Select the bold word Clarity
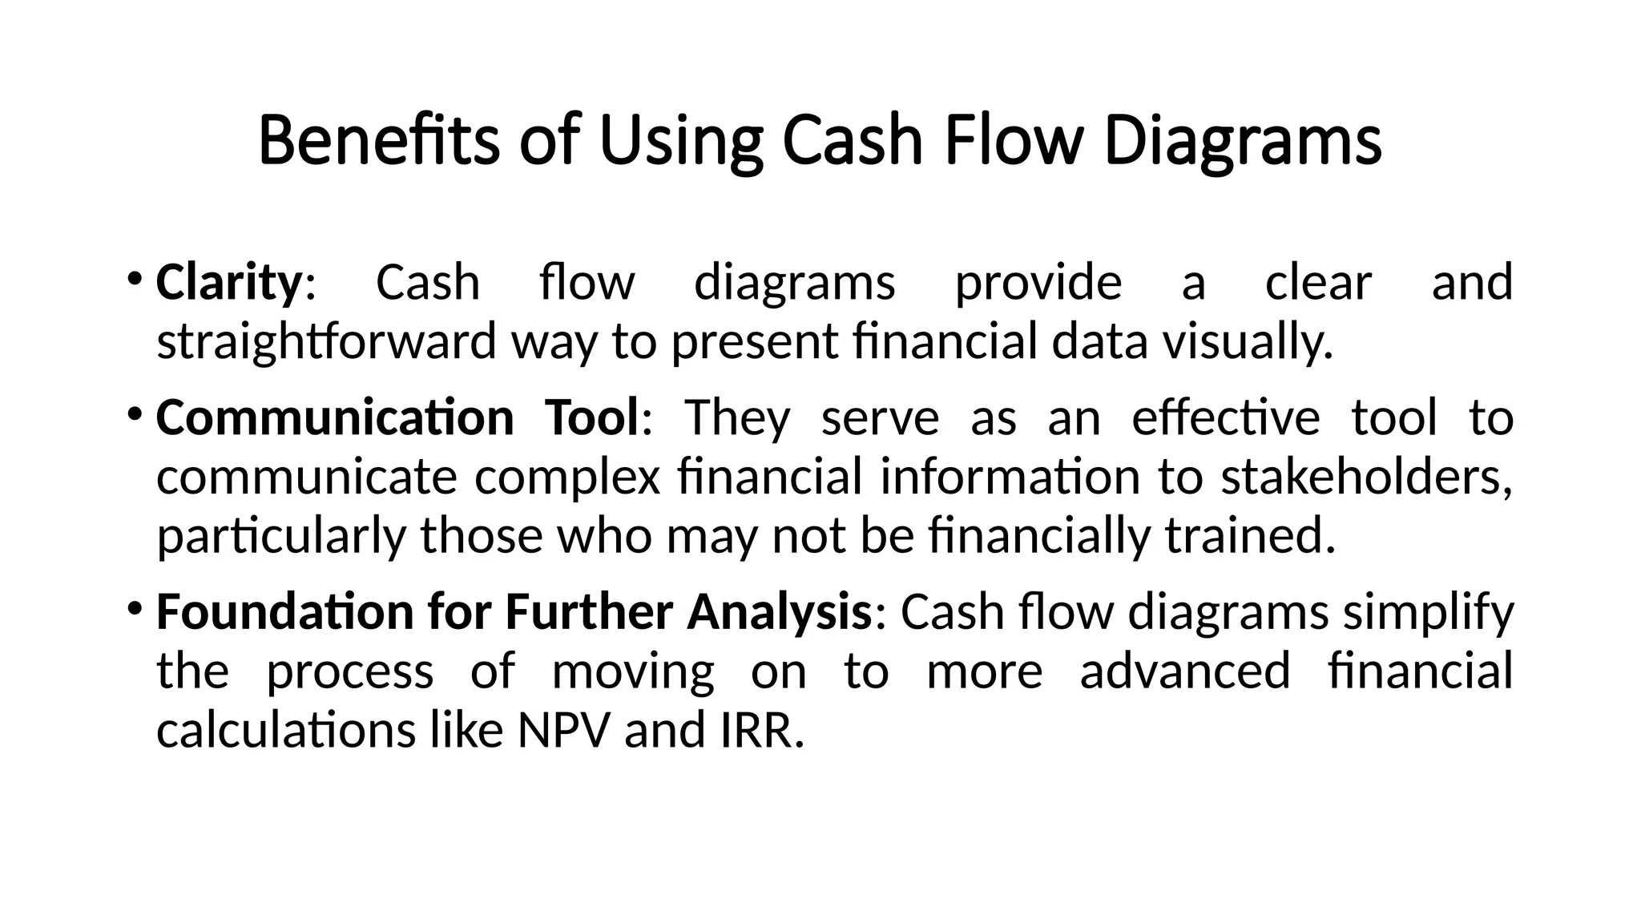click(228, 283)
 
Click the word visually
click(1248, 341)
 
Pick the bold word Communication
click(335, 417)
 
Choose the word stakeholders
click(1366, 477)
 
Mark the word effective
click(1225, 417)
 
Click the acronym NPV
click(564, 731)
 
